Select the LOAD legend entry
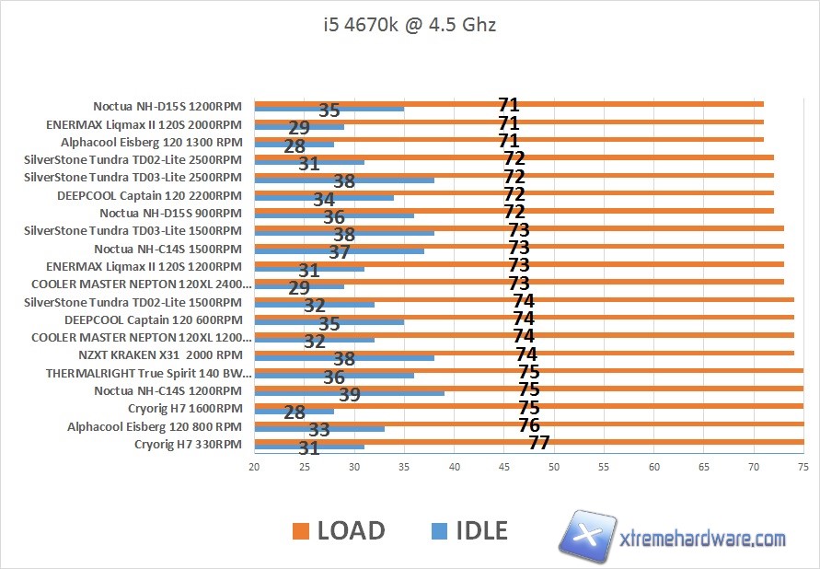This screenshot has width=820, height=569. click(339, 530)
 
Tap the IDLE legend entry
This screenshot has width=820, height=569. click(469, 530)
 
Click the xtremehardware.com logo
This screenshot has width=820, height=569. click(676, 538)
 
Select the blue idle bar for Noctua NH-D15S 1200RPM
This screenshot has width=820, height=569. click(329, 110)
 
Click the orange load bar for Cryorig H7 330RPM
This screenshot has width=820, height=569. click(528, 442)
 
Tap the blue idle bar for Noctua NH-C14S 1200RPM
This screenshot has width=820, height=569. click(349, 393)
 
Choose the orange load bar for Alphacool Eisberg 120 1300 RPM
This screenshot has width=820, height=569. click(509, 140)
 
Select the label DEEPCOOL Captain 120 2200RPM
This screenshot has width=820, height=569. click(149, 195)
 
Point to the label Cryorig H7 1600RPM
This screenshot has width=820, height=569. click(185, 409)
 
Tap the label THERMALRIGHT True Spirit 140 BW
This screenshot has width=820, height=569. click(148, 374)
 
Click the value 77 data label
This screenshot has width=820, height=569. click(539, 443)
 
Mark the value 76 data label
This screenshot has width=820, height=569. click(529, 425)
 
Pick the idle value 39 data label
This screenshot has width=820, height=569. click(350, 394)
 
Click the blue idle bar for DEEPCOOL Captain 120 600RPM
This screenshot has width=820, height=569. click(329, 322)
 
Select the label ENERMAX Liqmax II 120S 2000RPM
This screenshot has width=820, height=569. click(144, 124)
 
